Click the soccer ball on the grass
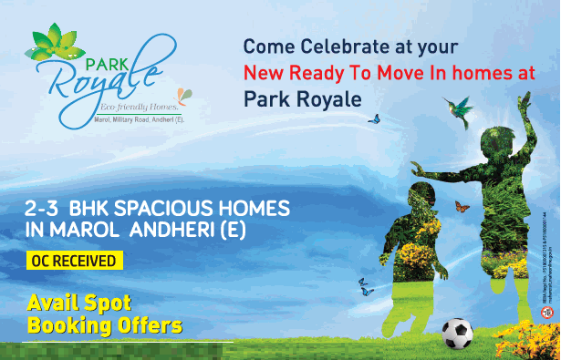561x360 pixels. coord(457,334)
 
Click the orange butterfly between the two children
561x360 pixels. coord(462,207)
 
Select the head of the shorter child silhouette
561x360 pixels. coord(422,193)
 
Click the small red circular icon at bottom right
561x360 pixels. coord(547,312)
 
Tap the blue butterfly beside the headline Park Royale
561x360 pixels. coord(372,118)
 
